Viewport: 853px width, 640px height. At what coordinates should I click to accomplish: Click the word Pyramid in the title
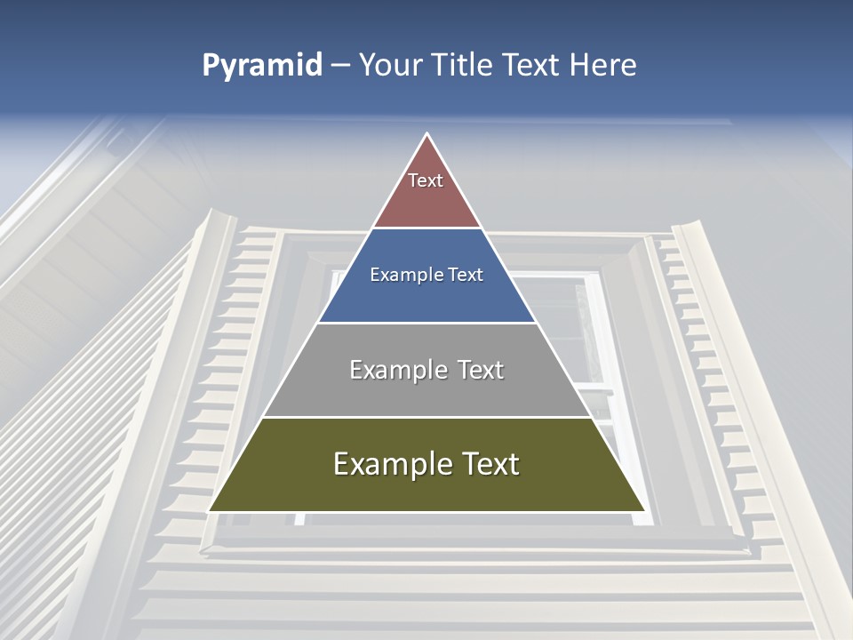(x=261, y=66)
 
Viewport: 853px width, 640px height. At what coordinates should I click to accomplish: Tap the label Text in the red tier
(x=426, y=180)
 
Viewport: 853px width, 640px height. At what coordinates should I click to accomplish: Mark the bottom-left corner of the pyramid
(x=210, y=511)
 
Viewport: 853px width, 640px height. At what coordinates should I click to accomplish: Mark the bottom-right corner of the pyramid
(x=644, y=511)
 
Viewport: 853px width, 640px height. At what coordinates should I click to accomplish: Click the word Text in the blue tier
(x=466, y=276)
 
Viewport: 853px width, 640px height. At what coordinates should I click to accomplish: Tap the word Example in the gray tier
(x=397, y=370)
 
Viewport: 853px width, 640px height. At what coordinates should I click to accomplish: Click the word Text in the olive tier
(x=489, y=464)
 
